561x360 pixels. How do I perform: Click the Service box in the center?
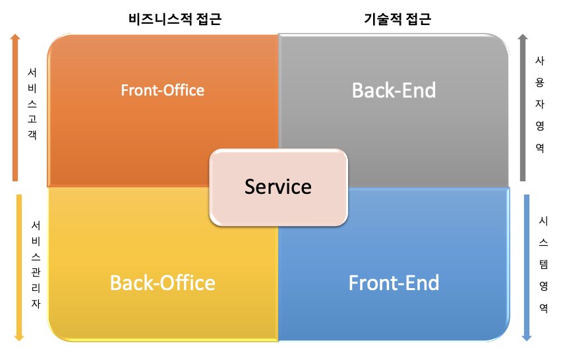click(x=278, y=187)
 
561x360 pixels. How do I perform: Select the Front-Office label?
click(x=163, y=90)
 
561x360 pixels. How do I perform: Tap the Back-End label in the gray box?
click(x=394, y=90)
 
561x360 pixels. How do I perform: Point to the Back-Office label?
click(x=163, y=283)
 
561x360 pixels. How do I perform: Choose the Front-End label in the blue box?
click(x=394, y=283)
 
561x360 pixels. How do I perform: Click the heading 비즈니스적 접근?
click(x=174, y=19)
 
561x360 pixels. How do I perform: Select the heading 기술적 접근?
click(x=397, y=19)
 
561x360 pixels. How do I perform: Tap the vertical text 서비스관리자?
click(x=36, y=264)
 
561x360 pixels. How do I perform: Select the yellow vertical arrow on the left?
click(x=18, y=267)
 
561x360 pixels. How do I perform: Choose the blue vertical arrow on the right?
click(x=527, y=267)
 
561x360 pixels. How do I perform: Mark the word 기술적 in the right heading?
click(x=384, y=19)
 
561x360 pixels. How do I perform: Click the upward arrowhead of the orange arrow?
click(x=15, y=38)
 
